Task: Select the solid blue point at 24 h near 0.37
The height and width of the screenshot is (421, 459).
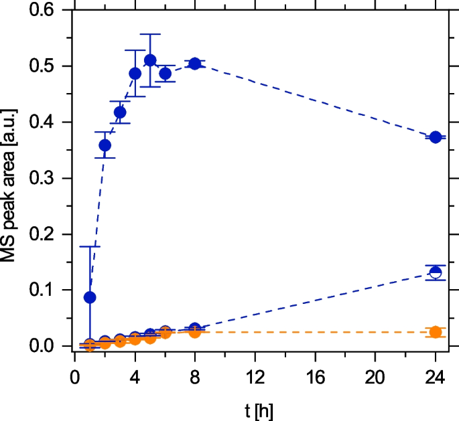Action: [x=436, y=137]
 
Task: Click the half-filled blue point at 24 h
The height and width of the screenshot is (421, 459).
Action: [x=436, y=272]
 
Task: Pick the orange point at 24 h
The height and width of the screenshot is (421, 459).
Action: [x=436, y=332]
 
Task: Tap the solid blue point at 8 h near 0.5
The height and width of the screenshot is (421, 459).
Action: [x=195, y=64]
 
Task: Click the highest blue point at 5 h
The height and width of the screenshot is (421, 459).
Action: [x=150, y=60]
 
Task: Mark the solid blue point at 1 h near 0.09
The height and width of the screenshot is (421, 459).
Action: [x=90, y=297]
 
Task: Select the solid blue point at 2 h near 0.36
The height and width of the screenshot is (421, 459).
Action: [x=105, y=145]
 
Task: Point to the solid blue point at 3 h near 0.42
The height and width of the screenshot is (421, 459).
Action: [x=120, y=112]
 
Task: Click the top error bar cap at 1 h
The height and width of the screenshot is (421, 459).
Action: [x=90, y=246]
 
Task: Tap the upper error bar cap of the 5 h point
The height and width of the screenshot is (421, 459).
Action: [x=150, y=34]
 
